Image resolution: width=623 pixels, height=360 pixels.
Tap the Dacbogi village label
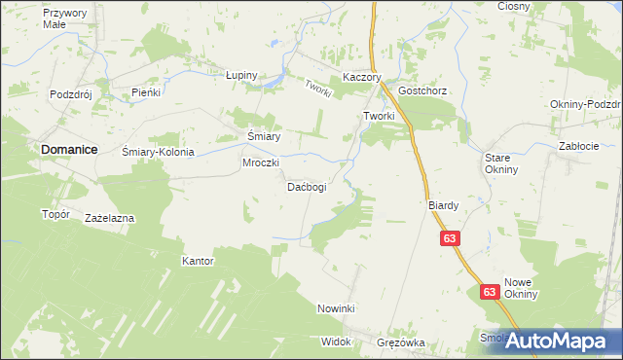point(306,186)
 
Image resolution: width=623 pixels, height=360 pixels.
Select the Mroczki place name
point(261,162)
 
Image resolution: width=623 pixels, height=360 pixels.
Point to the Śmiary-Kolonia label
point(159,152)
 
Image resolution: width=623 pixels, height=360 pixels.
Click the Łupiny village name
point(240,75)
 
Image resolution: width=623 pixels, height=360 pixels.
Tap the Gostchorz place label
point(421,90)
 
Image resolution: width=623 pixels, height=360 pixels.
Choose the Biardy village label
point(443,205)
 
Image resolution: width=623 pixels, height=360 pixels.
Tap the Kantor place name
point(198,261)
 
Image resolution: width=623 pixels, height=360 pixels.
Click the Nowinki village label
point(338,307)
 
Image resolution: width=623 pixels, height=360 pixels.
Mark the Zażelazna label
point(109,218)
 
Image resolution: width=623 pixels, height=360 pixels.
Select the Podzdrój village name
point(70,94)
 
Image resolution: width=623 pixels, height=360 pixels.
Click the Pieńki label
point(145,91)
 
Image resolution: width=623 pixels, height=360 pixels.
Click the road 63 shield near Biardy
point(449,238)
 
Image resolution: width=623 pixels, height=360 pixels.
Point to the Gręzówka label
point(402,342)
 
